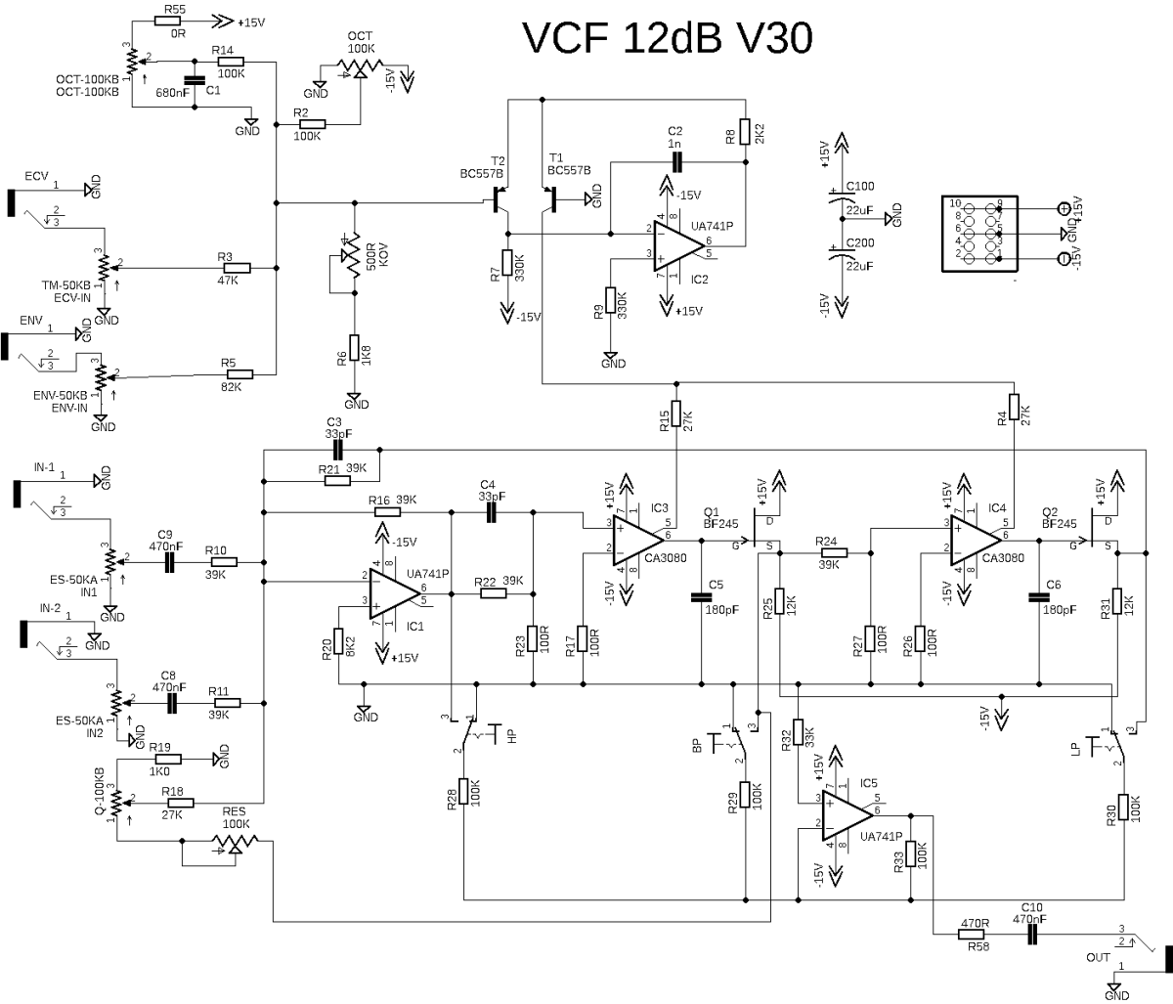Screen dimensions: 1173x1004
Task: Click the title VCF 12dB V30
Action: [x=668, y=38]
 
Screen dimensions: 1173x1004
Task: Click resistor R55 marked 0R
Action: [x=167, y=21]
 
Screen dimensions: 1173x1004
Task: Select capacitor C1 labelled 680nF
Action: [x=195, y=80]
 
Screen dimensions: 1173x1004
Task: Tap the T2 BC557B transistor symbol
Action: [x=499, y=201]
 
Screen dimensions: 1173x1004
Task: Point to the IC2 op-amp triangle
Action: [x=678, y=245]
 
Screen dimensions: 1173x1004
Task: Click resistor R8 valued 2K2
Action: [x=746, y=132]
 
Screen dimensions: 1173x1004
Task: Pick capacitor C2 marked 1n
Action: [x=675, y=162]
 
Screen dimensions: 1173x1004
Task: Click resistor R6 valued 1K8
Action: [x=354, y=348]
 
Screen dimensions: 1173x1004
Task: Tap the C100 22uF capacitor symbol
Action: [x=842, y=196]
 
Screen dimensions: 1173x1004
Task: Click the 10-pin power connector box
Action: [x=979, y=234]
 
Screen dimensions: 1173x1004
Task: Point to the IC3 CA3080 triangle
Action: [x=638, y=541]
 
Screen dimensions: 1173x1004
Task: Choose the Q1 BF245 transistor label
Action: [x=719, y=518]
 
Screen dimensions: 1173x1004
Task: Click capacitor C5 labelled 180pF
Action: [x=702, y=597]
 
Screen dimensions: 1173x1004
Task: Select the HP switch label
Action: [x=512, y=736]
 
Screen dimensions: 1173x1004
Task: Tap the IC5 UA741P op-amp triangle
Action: [x=847, y=815]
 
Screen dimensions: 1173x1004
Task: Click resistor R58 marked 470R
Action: [x=975, y=935]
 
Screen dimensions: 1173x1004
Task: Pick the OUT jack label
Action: [x=1098, y=957]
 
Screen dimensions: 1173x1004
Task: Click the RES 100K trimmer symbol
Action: [x=235, y=843]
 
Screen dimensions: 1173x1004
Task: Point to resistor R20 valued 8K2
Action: [x=338, y=641]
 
